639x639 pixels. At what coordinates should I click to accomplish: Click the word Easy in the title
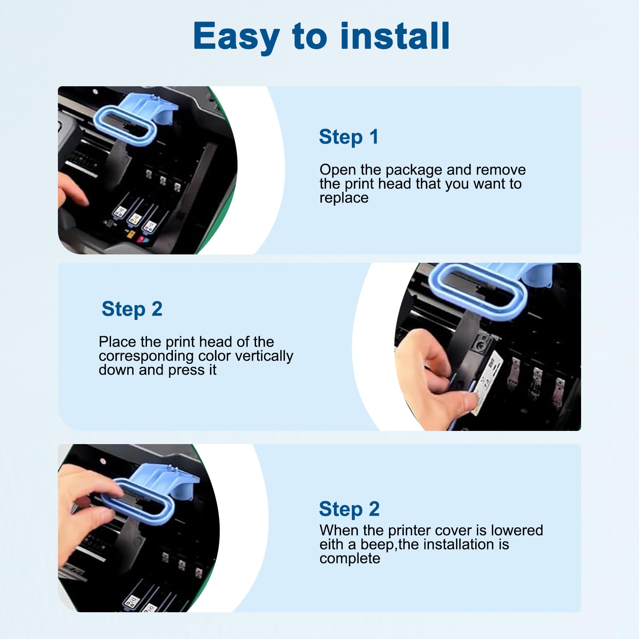[236, 37]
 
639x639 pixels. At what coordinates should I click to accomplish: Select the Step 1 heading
[348, 137]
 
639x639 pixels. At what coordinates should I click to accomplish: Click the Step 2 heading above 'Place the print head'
[132, 310]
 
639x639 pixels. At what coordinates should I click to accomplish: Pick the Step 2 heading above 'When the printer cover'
[349, 509]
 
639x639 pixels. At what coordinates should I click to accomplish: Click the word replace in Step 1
[344, 198]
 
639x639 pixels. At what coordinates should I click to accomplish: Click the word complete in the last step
[350, 558]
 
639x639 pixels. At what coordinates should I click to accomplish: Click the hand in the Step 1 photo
[72, 192]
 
